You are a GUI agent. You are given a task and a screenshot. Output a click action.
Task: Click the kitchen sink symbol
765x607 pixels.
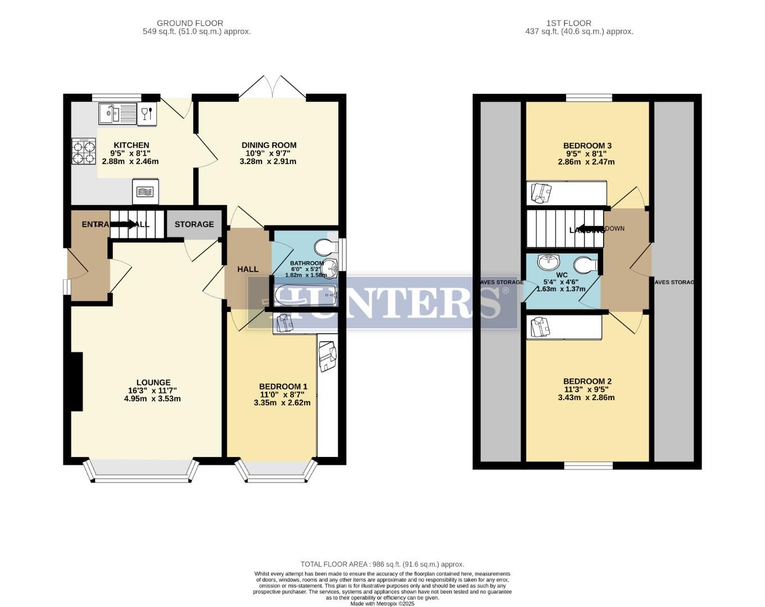point(117,114)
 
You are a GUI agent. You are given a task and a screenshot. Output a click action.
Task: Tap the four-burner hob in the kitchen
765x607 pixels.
point(83,152)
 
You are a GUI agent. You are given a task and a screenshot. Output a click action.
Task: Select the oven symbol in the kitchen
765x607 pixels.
point(145,192)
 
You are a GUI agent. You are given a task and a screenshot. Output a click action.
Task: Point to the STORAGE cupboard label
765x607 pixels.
point(194,224)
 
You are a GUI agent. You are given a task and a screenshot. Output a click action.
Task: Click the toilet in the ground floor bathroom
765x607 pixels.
point(326,247)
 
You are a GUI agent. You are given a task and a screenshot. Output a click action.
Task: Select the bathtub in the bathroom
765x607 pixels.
point(305,294)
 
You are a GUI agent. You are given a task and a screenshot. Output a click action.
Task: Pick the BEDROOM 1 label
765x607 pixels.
point(283,386)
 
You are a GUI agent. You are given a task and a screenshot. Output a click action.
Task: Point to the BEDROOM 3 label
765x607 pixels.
point(587,146)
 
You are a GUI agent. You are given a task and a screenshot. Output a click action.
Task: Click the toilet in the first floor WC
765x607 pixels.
point(585,264)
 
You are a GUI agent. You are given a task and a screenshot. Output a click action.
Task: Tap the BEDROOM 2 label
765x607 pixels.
point(587,381)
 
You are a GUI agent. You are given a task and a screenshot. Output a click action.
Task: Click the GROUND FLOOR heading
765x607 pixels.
point(189,23)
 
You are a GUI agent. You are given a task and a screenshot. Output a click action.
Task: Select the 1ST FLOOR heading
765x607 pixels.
point(568,23)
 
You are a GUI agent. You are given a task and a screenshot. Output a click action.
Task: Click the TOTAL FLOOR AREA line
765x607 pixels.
point(382,564)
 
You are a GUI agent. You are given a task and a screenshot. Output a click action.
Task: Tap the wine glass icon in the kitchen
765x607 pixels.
point(147,114)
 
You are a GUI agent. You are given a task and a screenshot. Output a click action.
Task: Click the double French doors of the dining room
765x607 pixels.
point(273,87)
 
